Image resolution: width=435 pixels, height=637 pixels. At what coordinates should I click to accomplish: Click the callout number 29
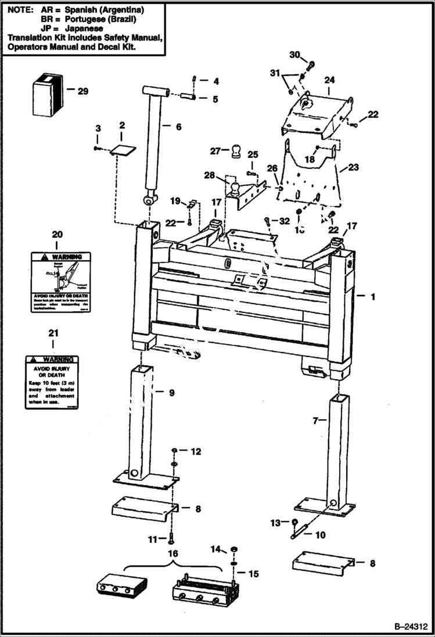click(82, 91)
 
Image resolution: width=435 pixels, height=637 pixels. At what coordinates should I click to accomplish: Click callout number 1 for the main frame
click(373, 297)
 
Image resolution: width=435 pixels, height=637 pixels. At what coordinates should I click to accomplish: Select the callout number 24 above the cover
click(329, 80)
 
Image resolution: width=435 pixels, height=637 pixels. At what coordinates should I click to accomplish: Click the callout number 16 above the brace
click(173, 554)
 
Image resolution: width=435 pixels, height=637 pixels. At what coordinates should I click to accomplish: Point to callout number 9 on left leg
click(172, 393)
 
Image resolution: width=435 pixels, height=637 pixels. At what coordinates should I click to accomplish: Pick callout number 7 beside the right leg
click(316, 420)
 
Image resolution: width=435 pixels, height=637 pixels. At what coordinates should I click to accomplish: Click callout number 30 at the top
click(294, 55)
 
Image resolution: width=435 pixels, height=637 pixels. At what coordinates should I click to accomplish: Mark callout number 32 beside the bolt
click(284, 221)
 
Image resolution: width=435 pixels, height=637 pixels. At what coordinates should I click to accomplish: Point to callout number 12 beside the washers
click(196, 451)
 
